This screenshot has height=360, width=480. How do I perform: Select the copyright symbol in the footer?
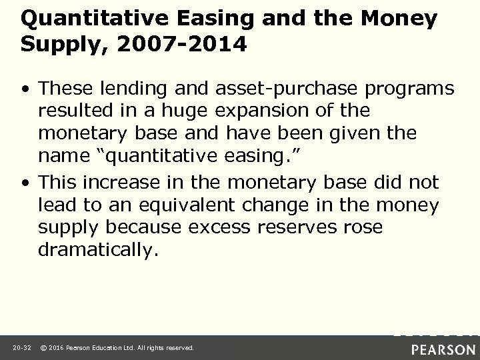pyautogui.click(x=43, y=348)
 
